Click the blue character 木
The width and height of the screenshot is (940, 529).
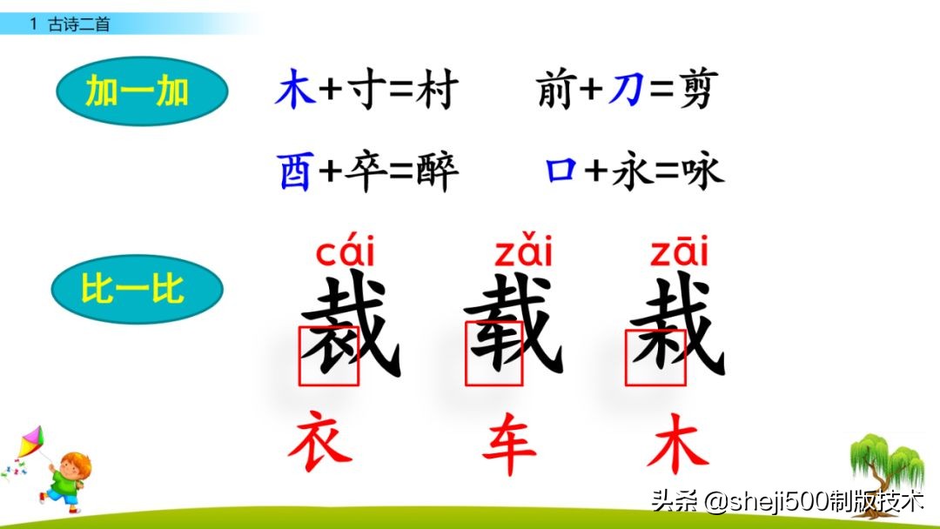(294, 91)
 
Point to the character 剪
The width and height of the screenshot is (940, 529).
(693, 91)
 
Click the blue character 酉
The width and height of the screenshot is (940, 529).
(295, 171)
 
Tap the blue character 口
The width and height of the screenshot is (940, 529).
(561, 171)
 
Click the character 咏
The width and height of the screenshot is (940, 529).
(702, 171)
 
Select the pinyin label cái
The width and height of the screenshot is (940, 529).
(346, 252)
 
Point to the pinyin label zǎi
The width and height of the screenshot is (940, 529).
(524, 252)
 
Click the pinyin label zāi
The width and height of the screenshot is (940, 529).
(679, 252)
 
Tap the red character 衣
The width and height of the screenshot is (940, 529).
(320, 442)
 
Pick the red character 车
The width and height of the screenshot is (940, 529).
(509, 444)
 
